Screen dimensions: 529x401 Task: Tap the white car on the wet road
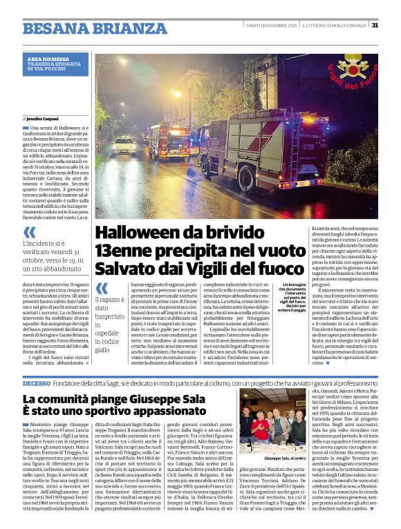click(x=125, y=146)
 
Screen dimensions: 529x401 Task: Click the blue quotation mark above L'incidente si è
click(x=29, y=233)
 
